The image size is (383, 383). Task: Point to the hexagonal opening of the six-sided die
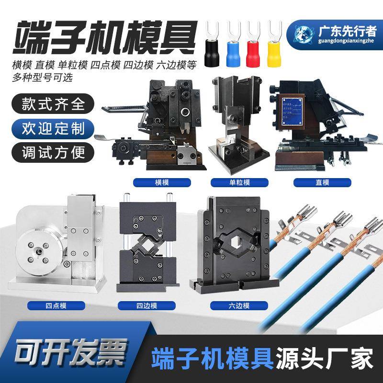click(235, 243)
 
